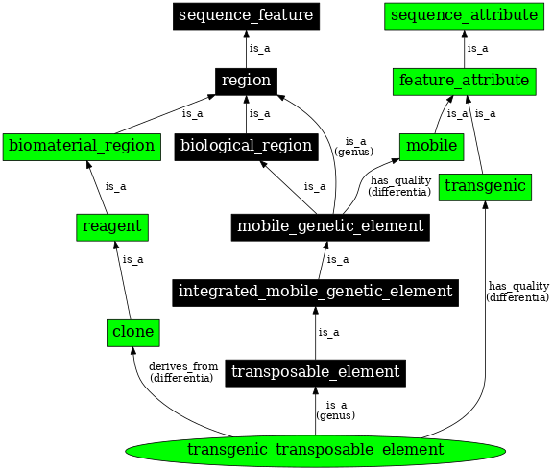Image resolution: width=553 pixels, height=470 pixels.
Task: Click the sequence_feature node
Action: pos(246,16)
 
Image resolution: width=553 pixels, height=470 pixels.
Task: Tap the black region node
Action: pos(246,82)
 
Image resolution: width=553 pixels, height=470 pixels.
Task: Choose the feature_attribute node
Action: pos(464,82)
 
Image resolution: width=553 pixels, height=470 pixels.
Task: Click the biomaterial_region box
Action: pos(81,146)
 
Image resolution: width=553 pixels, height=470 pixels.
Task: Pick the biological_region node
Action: pos(246,146)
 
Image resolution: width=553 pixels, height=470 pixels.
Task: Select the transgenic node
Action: pos(486,186)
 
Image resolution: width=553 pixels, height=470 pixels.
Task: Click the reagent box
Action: pos(111,227)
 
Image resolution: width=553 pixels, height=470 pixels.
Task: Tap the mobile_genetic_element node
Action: pos(329,227)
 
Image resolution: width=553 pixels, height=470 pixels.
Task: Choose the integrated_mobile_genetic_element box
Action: pos(315,292)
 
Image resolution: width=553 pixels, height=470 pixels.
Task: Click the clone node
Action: pos(132,332)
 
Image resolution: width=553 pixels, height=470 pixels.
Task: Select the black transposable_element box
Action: pos(315,372)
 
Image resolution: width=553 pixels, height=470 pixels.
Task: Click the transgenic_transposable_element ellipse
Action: pos(315,450)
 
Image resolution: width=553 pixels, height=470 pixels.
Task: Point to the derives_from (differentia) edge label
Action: pos(183,372)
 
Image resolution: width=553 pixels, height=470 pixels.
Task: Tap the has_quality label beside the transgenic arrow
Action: pos(518,292)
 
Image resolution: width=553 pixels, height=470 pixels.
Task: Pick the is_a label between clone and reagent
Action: pos(132,259)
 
